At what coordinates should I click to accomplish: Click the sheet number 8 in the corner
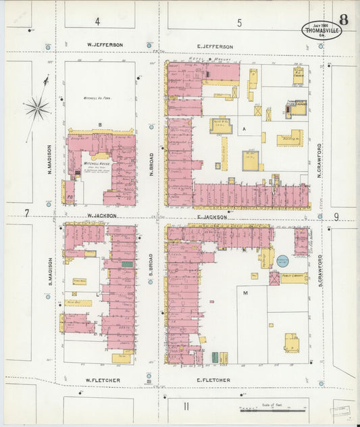click(x=344, y=19)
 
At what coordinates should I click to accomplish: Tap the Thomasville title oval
click(x=321, y=30)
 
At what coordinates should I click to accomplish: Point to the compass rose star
click(x=37, y=107)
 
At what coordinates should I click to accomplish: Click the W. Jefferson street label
click(x=105, y=45)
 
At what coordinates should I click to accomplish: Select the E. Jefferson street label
click(x=215, y=47)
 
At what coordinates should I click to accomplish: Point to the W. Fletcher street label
click(x=103, y=380)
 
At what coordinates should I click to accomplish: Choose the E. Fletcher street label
click(x=213, y=380)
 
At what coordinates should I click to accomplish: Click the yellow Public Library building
click(x=289, y=276)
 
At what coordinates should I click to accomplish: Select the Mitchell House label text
click(x=93, y=164)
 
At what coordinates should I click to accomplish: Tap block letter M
click(x=245, y=293)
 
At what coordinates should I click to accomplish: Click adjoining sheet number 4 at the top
click(x=97, y=22)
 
